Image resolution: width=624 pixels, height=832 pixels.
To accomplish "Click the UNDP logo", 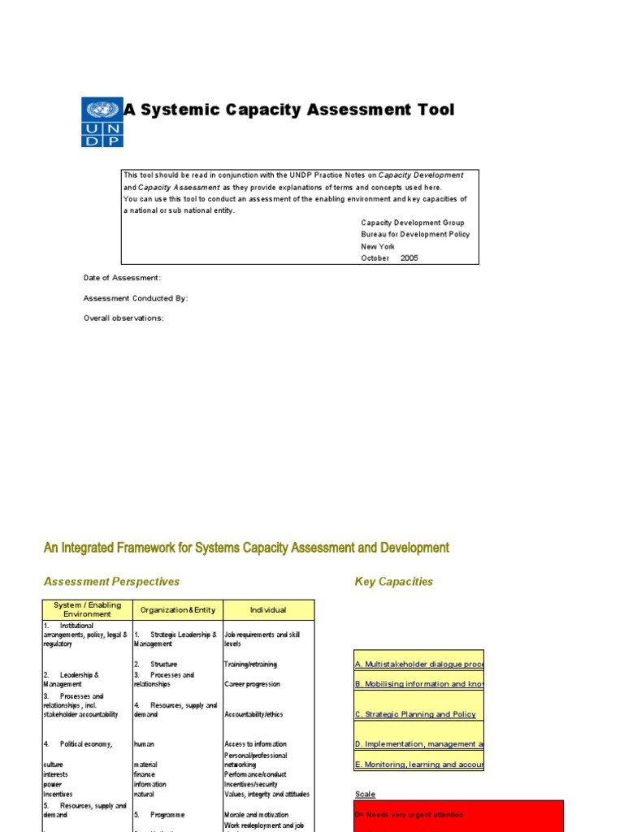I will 102,122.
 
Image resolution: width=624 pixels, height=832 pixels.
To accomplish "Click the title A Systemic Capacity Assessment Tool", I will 288,110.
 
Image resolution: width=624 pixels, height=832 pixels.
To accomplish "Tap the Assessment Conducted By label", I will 136,298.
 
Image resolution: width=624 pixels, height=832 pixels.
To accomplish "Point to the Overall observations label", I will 123,318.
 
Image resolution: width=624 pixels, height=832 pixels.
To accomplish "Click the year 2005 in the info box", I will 409,258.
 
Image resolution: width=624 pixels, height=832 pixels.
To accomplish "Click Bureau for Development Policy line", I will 415,234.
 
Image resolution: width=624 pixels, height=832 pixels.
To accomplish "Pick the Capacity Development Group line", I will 413,222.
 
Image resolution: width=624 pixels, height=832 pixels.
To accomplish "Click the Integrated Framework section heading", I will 246,548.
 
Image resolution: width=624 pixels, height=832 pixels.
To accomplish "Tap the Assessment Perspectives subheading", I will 111,582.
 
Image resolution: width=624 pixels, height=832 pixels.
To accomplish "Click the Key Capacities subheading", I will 394,582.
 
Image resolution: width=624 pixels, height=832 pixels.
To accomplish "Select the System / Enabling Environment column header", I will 87,609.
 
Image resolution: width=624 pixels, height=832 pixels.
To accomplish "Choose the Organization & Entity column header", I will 178,609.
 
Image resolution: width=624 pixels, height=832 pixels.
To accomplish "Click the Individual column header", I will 268,609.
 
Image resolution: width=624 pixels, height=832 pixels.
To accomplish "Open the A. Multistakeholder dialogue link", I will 419,664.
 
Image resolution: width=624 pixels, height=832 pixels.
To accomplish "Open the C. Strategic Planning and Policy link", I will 415,714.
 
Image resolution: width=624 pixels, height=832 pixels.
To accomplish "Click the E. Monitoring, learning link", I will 419,765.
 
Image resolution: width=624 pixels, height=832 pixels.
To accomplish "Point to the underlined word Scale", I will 365,794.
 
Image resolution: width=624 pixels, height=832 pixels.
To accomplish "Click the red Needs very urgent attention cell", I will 458,815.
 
